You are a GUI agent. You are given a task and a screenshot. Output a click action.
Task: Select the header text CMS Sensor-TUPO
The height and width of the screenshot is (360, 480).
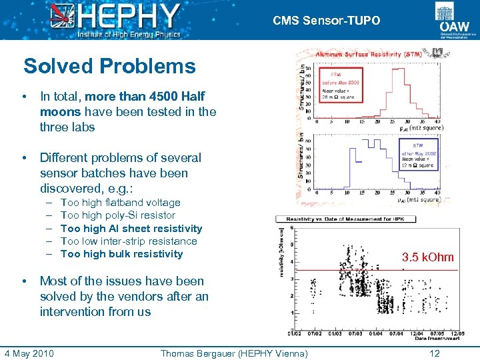click(x=326, y=21)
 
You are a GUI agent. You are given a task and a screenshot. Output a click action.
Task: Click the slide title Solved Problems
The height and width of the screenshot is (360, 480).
click(x=109, y=66)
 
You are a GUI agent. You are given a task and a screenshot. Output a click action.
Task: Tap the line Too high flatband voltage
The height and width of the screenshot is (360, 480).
click(x=120, y=203)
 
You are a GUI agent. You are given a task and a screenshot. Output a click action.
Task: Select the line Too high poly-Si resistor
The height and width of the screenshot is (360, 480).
click(x=117, y=215)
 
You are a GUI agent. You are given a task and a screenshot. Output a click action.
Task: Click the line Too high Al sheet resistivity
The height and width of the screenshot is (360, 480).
click(x=131, y=228)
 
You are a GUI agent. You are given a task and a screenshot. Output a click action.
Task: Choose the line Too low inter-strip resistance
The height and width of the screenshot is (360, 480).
click(x=129, y=241)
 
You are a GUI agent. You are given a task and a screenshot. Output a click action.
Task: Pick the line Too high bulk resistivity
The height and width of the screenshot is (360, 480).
click(x=121, y=254)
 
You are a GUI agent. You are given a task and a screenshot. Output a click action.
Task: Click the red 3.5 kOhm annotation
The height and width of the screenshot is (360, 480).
click(x=427, y=257)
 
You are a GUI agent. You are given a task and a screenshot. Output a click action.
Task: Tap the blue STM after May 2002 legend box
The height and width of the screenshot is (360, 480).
click(x=417, y=155)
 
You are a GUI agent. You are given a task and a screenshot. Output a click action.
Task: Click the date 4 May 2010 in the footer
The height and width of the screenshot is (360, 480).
click(x=29, y=353)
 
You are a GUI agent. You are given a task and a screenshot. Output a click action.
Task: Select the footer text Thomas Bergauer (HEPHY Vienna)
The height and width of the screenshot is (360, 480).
click(x=234, y=353)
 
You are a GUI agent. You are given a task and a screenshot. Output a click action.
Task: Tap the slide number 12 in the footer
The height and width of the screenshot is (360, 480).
click(x=435, y=353)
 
